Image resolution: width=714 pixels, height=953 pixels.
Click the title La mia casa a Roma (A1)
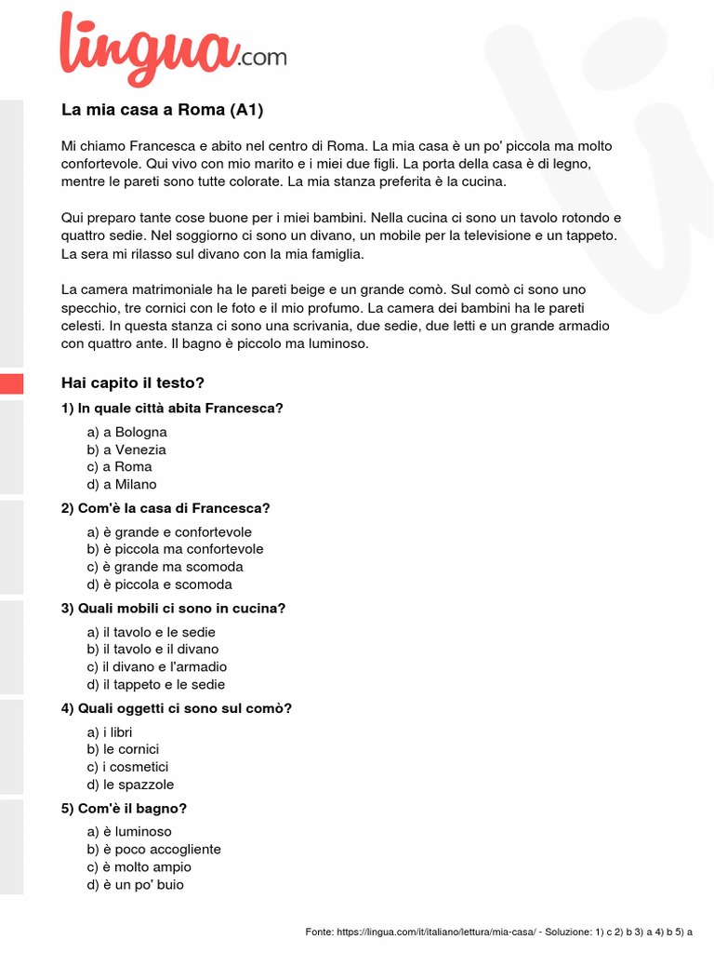pos(163,110)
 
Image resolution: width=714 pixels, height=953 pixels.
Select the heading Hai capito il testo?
pos(132,383)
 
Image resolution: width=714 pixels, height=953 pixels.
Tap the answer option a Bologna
pos(127,432)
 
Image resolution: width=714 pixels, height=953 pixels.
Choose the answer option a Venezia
pos(126,450)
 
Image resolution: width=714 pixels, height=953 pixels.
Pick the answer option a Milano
pos(122,484)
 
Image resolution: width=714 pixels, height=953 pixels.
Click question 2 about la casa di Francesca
pos(165,508)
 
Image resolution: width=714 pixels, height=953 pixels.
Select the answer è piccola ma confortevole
pos(176,549)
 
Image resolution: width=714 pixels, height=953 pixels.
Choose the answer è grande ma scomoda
pos(165,567)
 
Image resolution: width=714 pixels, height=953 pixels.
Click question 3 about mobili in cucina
pos(173,609)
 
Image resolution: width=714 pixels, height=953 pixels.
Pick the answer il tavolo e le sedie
pos(152,632)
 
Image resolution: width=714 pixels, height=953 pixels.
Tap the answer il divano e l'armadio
pos(157,666)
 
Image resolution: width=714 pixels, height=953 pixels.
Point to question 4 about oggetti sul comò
pos(177,708)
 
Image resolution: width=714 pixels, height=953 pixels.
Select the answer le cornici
pos(124,749)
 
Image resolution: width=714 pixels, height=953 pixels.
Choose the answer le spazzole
pos(130,785)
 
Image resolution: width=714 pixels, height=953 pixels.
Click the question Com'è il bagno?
pos(117,809)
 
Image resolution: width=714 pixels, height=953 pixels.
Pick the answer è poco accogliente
pos(154,849)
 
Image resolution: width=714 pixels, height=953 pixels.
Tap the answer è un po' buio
pos(136,884)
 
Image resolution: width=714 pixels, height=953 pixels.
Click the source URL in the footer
pos(437,932)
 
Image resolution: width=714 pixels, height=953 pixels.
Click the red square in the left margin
pos(11,383)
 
